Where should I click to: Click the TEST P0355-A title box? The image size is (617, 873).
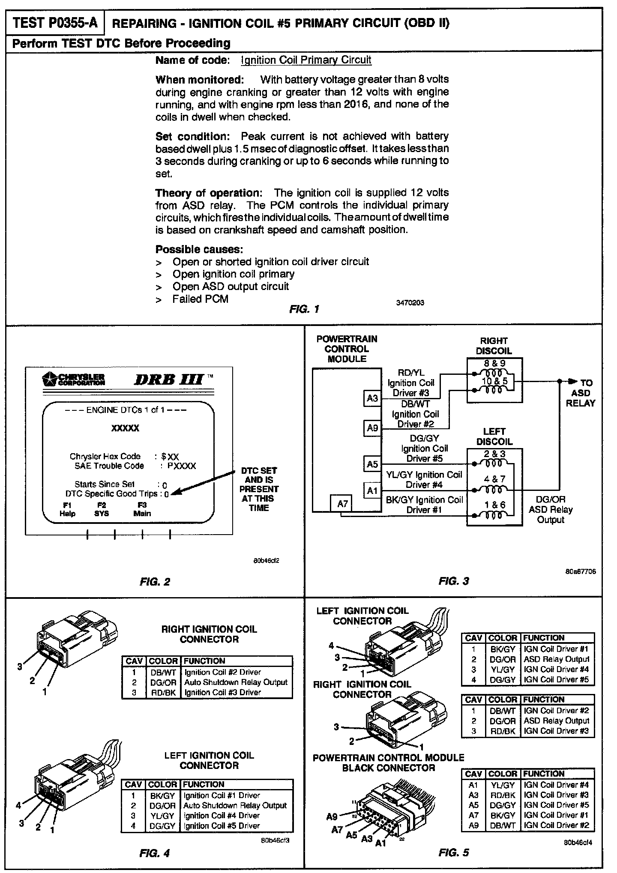(55, 23)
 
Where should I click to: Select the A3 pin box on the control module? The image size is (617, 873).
(372, 399)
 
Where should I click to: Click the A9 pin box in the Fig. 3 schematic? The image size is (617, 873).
(372, 428)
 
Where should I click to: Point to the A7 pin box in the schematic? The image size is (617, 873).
(342, 504)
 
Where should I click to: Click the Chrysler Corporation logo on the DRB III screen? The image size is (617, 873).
(74, 379)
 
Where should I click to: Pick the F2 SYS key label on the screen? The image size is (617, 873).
(102, 509)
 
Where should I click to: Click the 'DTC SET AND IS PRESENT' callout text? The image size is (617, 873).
(259, 489)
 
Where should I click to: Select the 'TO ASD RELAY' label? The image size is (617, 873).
(581, 393)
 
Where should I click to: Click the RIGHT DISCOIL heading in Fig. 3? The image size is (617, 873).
(494, 346)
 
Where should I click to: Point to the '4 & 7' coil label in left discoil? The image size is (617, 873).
(495, 479)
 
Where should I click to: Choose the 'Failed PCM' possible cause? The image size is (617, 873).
(200, 299)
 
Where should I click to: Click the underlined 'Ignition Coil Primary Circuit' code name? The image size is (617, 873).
(306, 60)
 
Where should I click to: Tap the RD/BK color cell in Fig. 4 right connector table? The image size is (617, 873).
(163, 692)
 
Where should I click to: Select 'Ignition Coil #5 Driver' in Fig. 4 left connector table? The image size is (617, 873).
(222, 825)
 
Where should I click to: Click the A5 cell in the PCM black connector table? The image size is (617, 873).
(473, 805)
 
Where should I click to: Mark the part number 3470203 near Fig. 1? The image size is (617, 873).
(410, 303)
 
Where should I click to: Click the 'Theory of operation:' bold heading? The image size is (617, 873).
(208, 193)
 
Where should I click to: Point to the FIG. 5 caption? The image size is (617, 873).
(454, 852)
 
